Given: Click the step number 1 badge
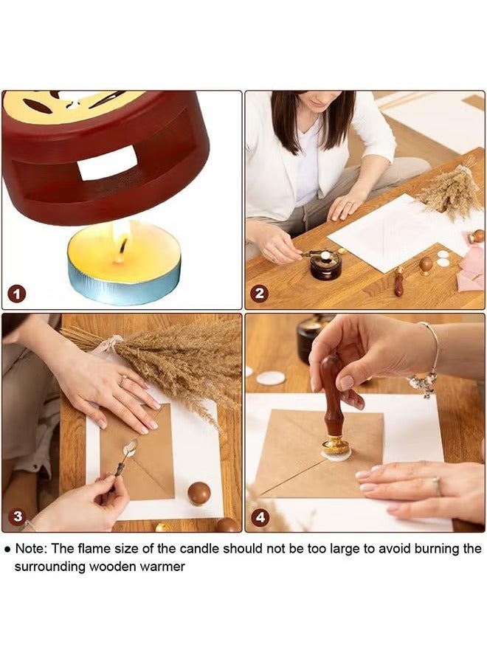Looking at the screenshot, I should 17,294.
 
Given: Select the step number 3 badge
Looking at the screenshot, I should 17,516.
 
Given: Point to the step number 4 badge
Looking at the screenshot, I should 260,516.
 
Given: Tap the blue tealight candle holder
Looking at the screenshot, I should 123,283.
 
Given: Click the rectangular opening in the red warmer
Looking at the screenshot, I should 108,163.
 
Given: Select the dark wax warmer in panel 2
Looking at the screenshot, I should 325,265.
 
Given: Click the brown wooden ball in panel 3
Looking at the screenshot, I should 198,493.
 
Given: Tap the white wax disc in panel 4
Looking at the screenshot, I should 271,378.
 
